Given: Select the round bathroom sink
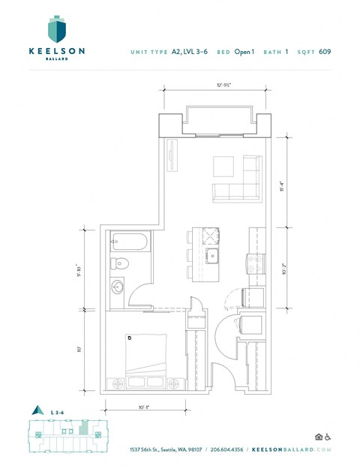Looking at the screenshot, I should click(x=118, y=287).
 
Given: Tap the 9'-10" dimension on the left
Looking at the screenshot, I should click(x=91, y=267).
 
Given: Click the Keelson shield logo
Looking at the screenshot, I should click(x=57, y=29).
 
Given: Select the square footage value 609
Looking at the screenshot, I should click(x=325, y=52).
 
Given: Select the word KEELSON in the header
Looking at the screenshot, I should click(x=57, y=51).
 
